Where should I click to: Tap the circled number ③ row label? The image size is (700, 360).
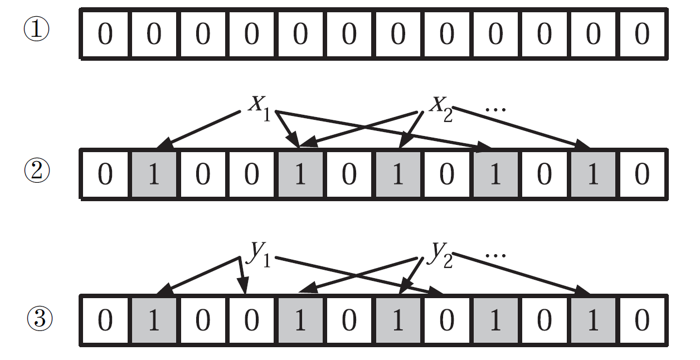[x=40, y=319]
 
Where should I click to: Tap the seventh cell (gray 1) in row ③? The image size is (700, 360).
[x=398, y=322]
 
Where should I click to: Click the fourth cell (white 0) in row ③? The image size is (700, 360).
[x=252, y=322]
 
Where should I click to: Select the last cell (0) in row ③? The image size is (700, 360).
[x=642, y=322]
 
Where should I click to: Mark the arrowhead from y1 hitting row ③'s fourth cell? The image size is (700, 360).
[x=244, y=288]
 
